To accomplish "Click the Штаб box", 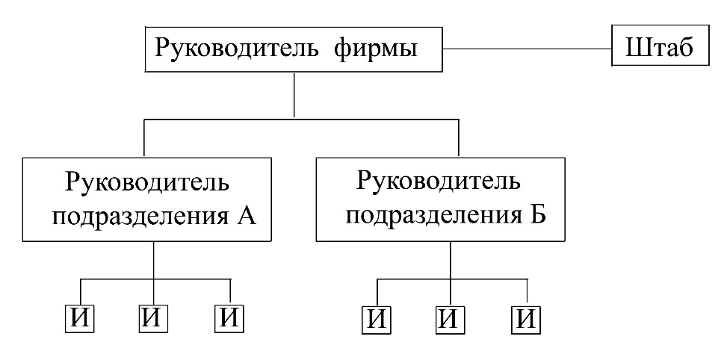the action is [x=661, y=46].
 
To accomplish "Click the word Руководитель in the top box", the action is [x=236, y=49].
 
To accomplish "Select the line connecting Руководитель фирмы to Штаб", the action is [x=528, y=49].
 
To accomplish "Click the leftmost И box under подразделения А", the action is [x=79, y=319].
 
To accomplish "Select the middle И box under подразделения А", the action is [x=154, y=319].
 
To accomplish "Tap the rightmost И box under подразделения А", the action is [x=229, y=319].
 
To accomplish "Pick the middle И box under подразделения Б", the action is [x=451, y=320].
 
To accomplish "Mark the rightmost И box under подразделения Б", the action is [x=526, y=320].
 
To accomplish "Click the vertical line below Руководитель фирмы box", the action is [x=294, y=95].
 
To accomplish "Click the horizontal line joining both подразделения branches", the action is [x=301, y=120].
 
